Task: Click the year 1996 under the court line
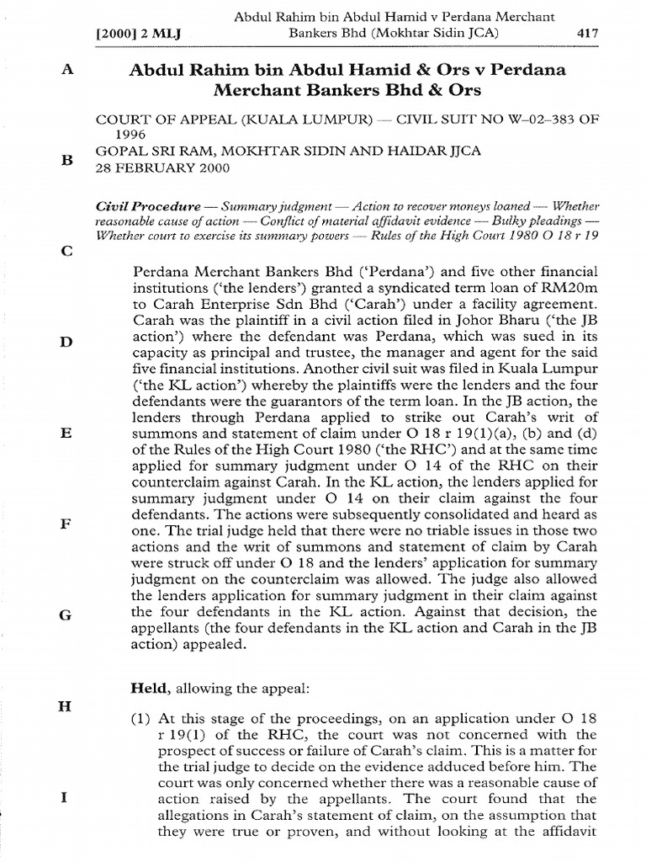point(131,134)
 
